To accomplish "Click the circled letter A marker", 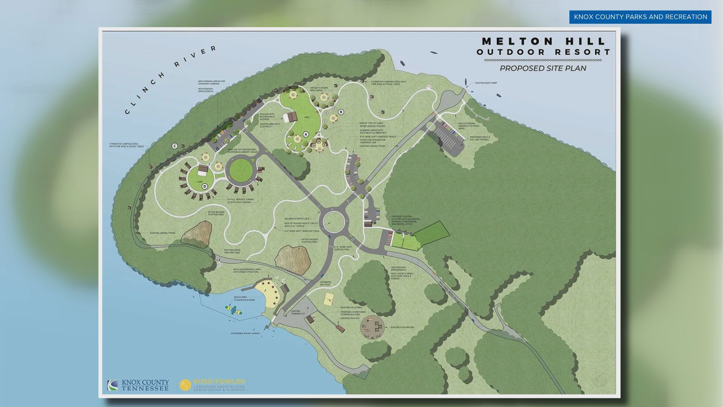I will pyautogui.click(x=306, y=134).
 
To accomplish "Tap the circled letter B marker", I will pyautogui.click(x=341, y=112).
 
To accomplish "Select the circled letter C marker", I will pyautogui.click(x=175, y=146).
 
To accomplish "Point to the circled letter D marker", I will pyautogui.click(x=205, y=186).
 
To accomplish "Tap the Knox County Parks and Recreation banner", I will pyautogui.click(x=640, y=17).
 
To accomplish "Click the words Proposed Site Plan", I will pyautogui.click(x=543, y=68).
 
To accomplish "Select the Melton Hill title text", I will pyautogui.click(x=543, y=41).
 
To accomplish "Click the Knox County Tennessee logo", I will pyautogui.click(x=138, y=385).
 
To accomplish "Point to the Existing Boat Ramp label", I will pyautogui.click(x=486, y=83).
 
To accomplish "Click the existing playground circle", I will pyautogui.click(x=372, y=326).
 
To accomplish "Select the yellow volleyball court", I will pyautogui.click(x=328, y=299).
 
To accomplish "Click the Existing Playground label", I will pyautogui.click(x=402, y=327).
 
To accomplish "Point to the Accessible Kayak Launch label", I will pyautogui.click(x=245, y=334).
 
